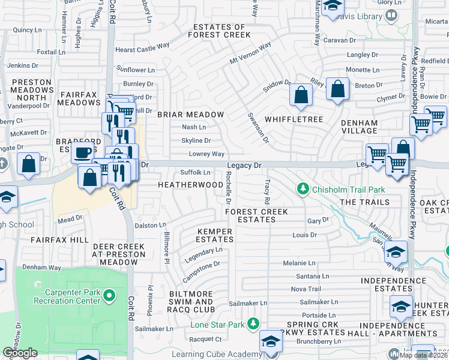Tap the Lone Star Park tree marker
coord(254,325)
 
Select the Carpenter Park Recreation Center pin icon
coord(109,295)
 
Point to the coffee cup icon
coord(83,151)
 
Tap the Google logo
coord(20,353)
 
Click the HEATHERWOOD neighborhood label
coord(190,185)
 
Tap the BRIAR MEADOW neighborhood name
coord(190,115)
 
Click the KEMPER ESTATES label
coord(215,236)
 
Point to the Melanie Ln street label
coord(299,263)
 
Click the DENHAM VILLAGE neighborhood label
coord(360,128)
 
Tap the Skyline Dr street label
coord(196,141)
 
